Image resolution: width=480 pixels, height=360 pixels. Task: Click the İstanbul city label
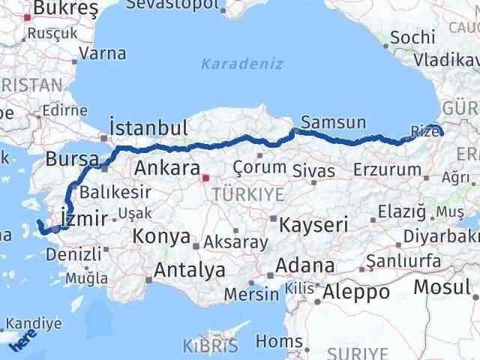point(148,126)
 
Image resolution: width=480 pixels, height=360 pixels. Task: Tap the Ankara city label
point(167,166)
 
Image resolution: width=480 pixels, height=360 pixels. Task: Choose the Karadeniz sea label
point(242,64)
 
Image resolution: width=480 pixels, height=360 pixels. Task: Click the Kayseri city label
point(313,223)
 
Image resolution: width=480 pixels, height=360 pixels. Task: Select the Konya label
point(160,237)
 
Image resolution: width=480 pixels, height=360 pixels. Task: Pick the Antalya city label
point(190,268)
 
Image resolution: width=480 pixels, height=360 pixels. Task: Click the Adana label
point(305,265)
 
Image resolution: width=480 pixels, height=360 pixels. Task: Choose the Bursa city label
point(72,159)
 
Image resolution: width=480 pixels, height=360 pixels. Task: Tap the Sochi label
point(412,37)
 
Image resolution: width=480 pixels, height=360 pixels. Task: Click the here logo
point(22,343)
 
